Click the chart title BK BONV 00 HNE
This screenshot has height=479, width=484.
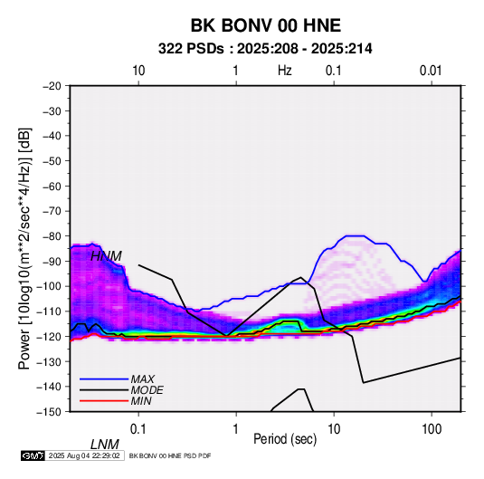coord(266,25)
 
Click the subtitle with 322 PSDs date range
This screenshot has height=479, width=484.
coord(265,49)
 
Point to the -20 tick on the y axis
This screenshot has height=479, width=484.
coord(52,86)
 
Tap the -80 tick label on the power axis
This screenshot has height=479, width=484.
coord(52,236)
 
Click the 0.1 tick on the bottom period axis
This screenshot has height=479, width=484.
coord(138,428)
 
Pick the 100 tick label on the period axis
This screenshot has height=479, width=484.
coord(432,428)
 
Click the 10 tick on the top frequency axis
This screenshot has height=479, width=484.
coord(138,71)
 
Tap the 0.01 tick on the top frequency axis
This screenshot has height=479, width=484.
coord(431,71)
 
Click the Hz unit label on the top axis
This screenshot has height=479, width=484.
coord(285,71)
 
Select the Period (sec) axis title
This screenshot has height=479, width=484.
coord(285,439)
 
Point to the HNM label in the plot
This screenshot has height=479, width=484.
coord(106,256)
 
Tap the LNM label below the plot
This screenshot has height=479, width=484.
coord(105,445)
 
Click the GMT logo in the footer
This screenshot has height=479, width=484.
coord(33,455)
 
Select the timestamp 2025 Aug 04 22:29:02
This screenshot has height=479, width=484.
coord(84,455)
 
